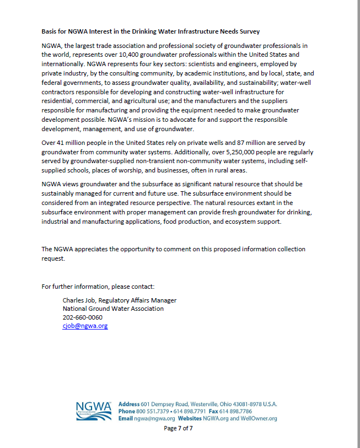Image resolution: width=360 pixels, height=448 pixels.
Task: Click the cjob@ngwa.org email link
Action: click(x=85, y=326)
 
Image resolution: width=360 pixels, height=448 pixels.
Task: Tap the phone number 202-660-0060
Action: click(x=82, y=317)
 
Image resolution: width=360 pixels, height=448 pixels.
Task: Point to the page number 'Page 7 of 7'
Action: click(x=178, y=428)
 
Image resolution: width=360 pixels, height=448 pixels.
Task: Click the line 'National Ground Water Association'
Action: click(x=113, y=309)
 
